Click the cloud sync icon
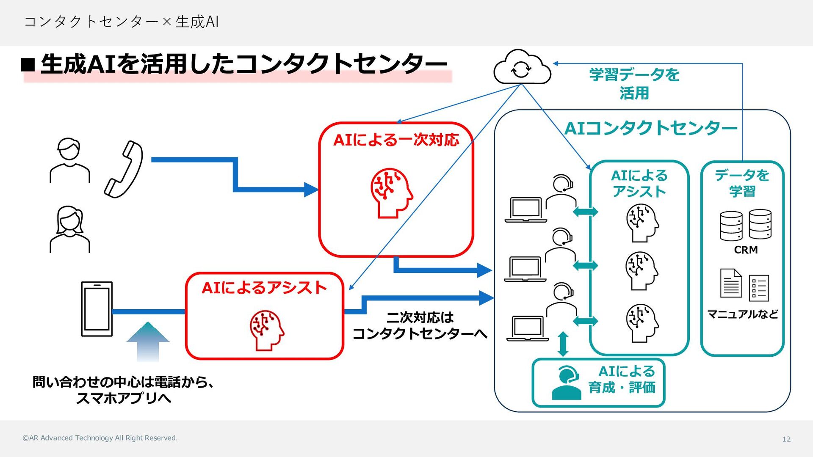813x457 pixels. tap(522, 67)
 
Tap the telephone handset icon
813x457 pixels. tap(124, 169)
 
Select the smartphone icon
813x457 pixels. tap(97, 309)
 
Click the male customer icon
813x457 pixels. tap(70, 160)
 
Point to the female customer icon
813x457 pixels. tap(70, 230)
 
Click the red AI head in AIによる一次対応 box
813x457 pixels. tap(392, 193)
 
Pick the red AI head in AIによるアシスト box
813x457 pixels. tap(267, 330)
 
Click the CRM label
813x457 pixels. tap(746, 250)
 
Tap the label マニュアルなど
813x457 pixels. tap(743, 314)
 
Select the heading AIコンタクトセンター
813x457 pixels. tap(651, 128)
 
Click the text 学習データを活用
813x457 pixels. tap(634, 84)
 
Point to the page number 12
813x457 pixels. tap(786, 439)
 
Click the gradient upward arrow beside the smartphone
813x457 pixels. tap(148, 342)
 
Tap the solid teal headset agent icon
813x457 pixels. tap(566, 383)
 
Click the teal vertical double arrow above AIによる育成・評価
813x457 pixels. tap(563, 344)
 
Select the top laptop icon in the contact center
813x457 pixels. tap(526, 210)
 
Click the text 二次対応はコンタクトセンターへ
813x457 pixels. tap(420, 325)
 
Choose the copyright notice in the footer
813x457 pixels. tap(100, 438)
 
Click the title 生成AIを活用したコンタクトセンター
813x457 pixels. tap(244, 64)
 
